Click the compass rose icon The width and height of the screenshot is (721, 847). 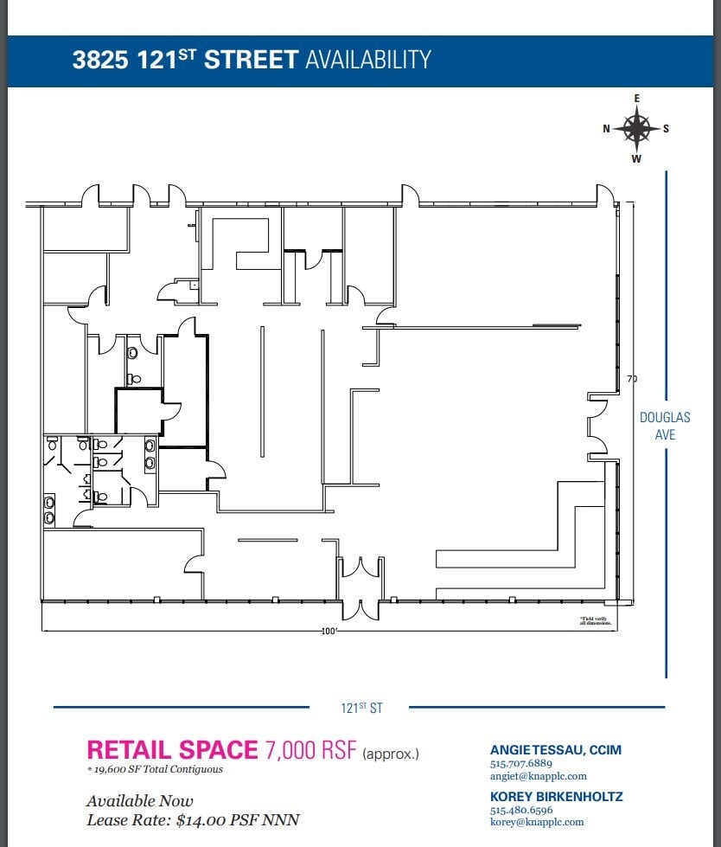click(x=637, y=129)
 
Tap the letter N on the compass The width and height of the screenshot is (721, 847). click(x=607, y=129)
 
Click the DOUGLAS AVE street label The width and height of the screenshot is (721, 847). click(x=665, y=426)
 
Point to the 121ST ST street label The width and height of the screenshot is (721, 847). click(x=361, y=708)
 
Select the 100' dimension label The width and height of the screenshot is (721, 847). click(x=329, y=632)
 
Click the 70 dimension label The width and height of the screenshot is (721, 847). click(x=632, y=379)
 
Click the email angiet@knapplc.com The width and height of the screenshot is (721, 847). click(x=538, y=776)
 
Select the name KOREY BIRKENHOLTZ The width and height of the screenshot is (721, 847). click(x=556, y=796)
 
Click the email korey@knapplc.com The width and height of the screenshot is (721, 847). click(x=537, y=822)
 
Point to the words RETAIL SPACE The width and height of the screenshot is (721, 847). click(x=172, y=749)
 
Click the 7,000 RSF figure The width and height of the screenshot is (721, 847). click(x=309, y=749)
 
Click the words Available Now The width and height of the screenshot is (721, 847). click(x=140, y=801)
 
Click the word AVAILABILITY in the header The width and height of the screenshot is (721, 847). click(x=367, y=60)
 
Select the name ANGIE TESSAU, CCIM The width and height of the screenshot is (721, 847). click(x=555, y=750)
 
